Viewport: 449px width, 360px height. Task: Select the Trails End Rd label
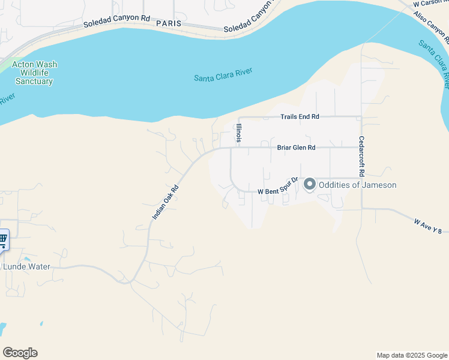coord(300,116)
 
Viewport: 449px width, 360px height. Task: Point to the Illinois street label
coord(239,133)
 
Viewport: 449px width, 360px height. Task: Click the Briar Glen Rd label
coord(296,147)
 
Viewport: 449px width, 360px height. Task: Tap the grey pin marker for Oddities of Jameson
coord(310,184)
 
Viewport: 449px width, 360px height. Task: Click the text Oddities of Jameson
coord(357,185)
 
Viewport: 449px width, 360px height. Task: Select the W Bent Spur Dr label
coord(278,186)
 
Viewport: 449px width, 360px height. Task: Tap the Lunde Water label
coord(27,266)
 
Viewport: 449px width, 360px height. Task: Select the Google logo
coord(20,353)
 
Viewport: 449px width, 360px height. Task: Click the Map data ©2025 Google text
coord(412,355)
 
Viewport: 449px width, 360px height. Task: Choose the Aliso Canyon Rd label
coord(431,28)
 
